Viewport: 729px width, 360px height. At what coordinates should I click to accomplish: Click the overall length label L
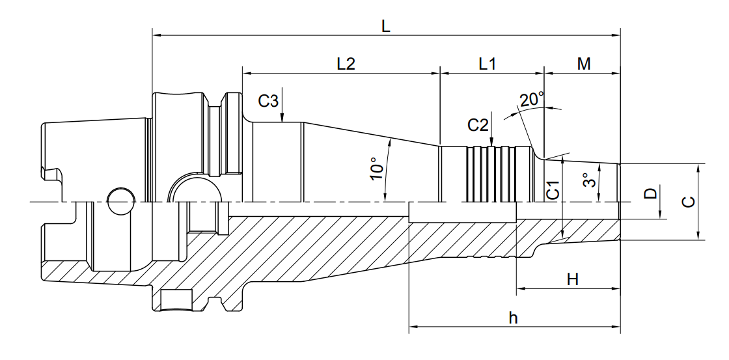click(386, 26)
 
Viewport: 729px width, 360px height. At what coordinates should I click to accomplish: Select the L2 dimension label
click(346, 64)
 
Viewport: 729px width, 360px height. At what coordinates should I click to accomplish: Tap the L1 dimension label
click(488, 64)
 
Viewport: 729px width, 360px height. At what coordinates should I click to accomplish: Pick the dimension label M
click(583, 64)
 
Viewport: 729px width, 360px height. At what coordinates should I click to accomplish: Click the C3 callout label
click(268, 101)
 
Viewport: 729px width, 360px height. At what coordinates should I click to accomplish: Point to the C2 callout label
click(478, 124)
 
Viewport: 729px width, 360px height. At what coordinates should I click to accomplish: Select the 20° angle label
click(532, 100)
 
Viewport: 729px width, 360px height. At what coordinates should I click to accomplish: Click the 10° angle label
click(377, 169)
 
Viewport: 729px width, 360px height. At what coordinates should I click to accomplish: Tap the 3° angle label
click(589, 180)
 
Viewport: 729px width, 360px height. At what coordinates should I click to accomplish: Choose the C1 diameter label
click(553, 191)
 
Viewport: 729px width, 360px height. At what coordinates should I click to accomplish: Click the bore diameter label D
click(651, 193)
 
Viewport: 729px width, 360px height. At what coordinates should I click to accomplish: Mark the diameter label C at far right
click(689, 201)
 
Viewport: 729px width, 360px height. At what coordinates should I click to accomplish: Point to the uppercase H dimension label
click(573, 280)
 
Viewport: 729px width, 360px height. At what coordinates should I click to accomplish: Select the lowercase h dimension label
click(514, 318)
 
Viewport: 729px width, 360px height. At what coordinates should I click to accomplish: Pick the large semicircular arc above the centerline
click(194, 174)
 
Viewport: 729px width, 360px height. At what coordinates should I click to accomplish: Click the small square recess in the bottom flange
click(176, 301)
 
